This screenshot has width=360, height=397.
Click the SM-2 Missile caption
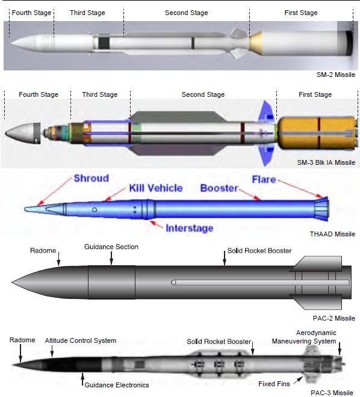point(336,75)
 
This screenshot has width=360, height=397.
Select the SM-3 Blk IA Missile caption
point(326,162)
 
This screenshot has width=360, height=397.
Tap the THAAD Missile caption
point(332,234)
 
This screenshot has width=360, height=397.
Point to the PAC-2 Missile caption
point(334,318)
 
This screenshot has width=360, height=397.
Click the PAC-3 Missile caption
point(332,393)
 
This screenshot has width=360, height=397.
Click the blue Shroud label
point(91,178)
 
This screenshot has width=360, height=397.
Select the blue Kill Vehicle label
point(156,188)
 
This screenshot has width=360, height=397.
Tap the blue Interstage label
point(189,228)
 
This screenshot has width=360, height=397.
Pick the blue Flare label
point(264,179)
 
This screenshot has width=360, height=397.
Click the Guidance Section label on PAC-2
point(111,247)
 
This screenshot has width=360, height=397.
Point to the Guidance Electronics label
point(117,385)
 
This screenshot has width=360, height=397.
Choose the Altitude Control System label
point(81,340)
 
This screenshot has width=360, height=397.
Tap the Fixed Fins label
point(274,384)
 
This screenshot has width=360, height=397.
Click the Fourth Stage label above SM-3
point(39,94)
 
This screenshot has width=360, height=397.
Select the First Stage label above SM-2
point(301,13)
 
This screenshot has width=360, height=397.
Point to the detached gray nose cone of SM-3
point(23,134)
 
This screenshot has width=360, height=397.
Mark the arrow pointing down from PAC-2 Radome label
point(58,259)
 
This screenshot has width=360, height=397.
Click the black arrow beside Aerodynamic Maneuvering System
point(340,349)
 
